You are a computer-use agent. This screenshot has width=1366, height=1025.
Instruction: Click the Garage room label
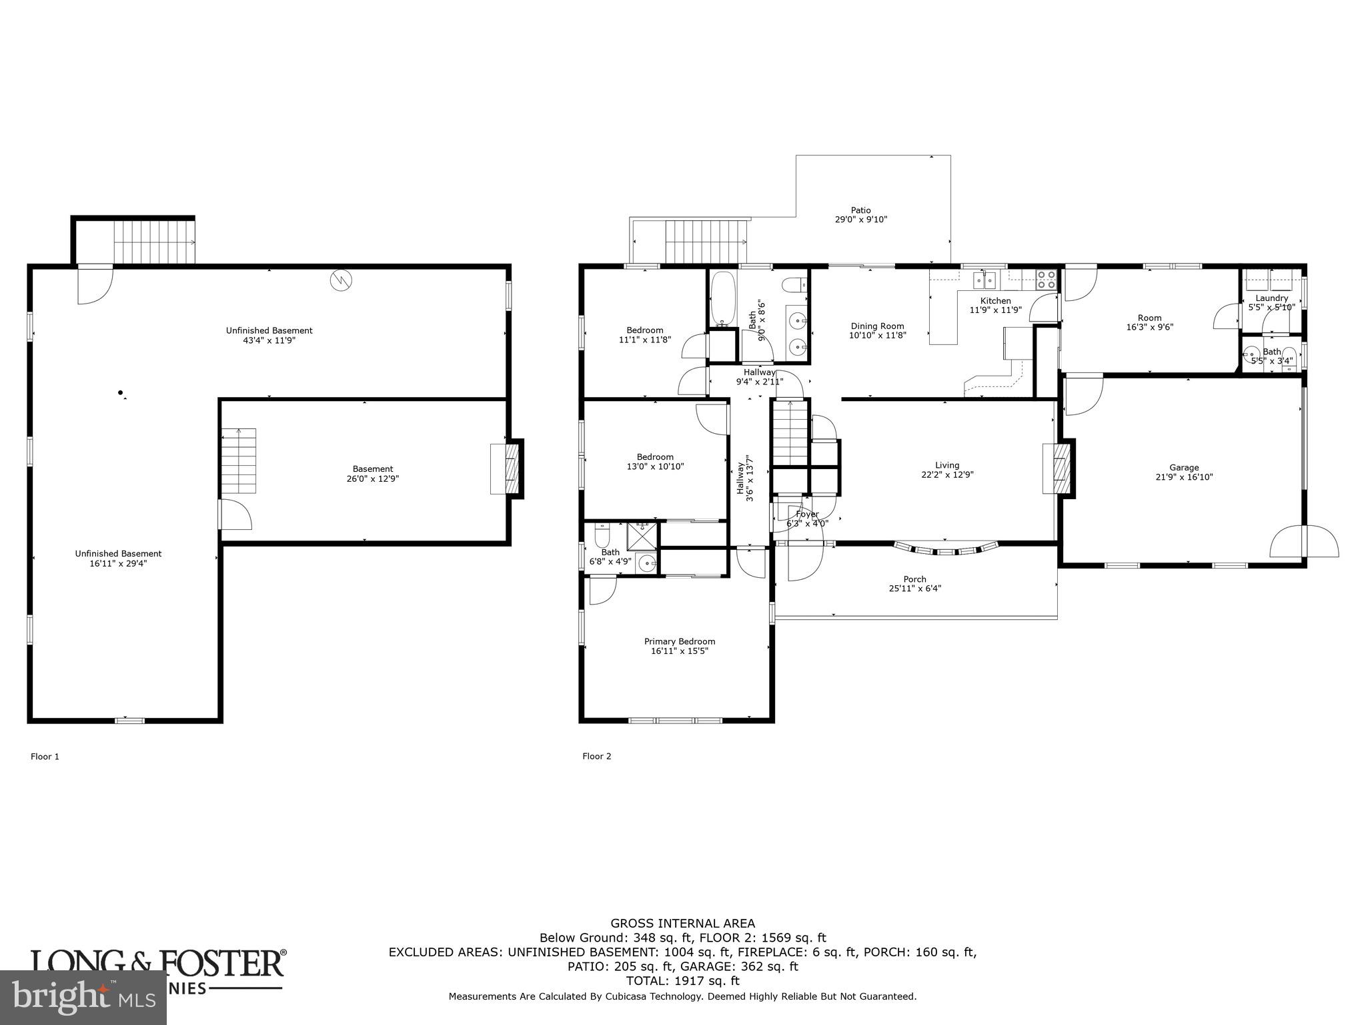point(1184,468)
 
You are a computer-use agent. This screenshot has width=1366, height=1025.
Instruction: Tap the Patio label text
point(860,210)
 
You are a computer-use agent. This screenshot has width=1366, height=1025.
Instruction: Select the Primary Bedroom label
point(679,641)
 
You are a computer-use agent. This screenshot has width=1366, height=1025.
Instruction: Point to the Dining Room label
point(877,326)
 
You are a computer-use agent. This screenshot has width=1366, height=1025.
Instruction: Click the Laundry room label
point(1271,298)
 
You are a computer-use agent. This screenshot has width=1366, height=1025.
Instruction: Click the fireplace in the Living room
point(1059,469)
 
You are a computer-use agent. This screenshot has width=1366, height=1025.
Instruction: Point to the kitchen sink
point(985,279)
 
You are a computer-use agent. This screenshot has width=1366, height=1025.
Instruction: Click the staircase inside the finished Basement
point(239,460)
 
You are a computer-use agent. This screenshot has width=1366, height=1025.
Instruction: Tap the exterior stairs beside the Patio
point(706,242)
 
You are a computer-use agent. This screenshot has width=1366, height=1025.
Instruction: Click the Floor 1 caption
point(45,756)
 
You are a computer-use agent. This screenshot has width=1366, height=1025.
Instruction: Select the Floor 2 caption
point(596,756)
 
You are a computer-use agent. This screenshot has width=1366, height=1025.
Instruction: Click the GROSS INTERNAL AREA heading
point(682,924)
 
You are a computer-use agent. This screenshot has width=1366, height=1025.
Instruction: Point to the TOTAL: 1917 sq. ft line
point(682,981)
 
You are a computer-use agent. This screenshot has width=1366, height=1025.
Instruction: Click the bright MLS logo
point(83,998)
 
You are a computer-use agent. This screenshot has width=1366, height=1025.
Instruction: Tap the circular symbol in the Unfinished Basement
point(340,280)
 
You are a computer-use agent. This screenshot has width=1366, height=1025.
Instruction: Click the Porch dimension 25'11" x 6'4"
point(914,589)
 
